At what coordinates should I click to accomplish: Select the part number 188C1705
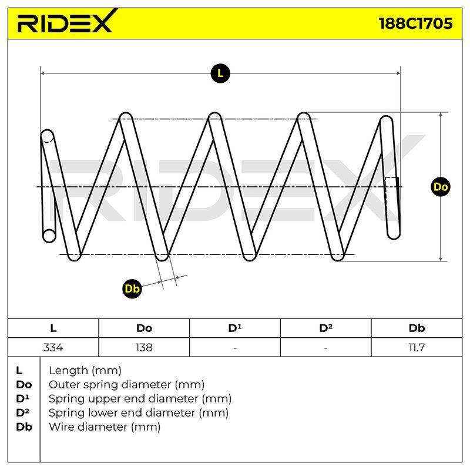coord(415,23)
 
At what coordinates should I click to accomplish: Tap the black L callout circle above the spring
coord(220,73)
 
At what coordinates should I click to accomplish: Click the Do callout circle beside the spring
coord(440,187)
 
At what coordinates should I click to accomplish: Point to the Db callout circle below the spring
coord(132,288)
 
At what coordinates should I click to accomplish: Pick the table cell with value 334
coord(53,347)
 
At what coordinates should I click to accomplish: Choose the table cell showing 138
coord(144,347)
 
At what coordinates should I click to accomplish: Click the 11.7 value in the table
coord(417,347)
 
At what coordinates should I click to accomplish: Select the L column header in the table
coord(53,328)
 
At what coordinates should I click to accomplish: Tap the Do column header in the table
coord(144,328)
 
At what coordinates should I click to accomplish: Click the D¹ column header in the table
coord(234,328)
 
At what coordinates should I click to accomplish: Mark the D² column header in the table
coord(326,328)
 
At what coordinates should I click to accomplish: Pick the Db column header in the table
coord(417,328)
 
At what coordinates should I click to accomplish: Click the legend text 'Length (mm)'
coord(85,371)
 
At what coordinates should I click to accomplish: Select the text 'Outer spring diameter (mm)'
coord(126,385)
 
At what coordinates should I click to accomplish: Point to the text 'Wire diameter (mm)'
coord(105,427)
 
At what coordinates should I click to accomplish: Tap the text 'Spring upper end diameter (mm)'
coord(140,399)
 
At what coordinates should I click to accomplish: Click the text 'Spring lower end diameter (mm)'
coord(139,413)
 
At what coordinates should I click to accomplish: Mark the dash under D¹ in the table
coord(235,348)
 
